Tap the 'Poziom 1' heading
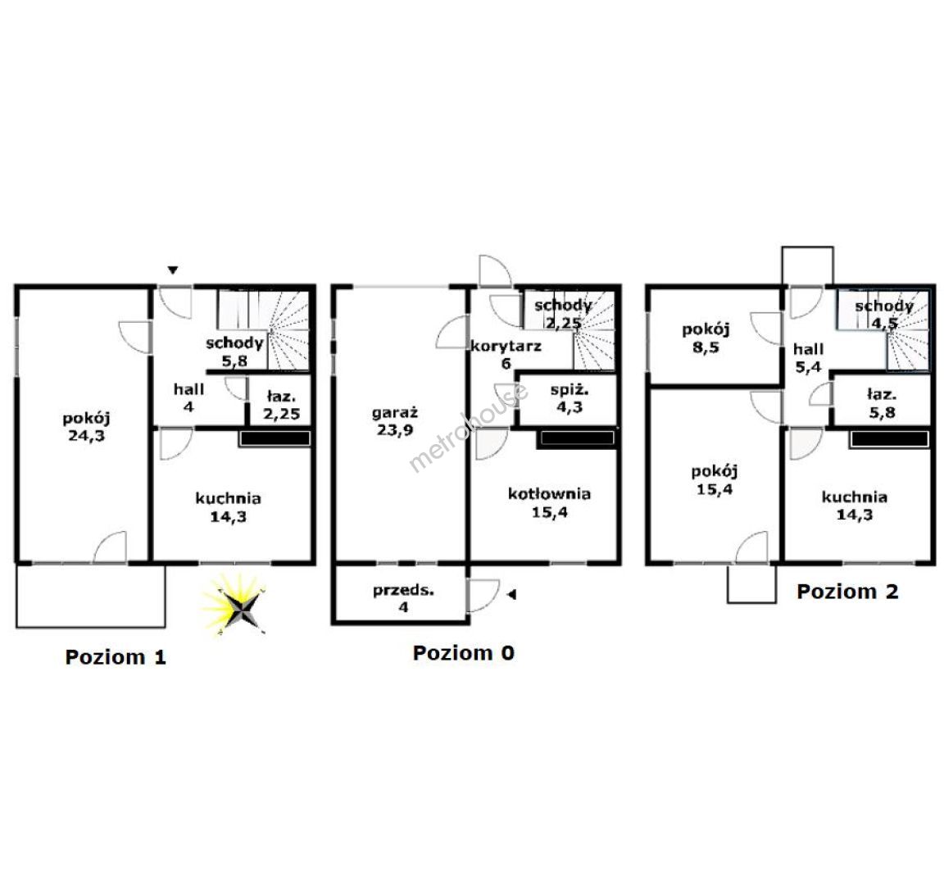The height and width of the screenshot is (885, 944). click(x=116, y=657)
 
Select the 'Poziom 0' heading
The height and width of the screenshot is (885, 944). click(x=464, y=652)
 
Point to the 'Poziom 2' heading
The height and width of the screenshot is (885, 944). click(x=847, y=591)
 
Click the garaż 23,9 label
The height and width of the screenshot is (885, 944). click(x=395, y=421)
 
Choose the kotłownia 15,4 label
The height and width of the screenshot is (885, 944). click(x=549, y=502)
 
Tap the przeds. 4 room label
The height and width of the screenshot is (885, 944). click(x=403, y=598)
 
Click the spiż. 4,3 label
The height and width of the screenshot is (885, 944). click(x=570, y=398)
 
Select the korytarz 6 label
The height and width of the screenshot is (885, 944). click(x=506, y=354)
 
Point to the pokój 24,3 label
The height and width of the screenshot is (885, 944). click(x=87, y=426)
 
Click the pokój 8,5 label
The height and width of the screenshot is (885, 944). click(x=706, y=338)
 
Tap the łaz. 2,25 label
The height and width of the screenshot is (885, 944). click(x=282, y=405)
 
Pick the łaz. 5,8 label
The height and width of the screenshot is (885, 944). click(x=882, y=403)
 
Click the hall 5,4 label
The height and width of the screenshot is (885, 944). click(x=808, y=357)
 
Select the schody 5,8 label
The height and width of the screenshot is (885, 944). click(x=234, y=352)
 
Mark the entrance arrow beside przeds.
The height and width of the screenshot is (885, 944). click(x=511, y=595)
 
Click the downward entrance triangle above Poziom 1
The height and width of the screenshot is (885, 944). click(x=173, y=270)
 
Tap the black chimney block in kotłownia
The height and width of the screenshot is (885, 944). click(x=578, y=438)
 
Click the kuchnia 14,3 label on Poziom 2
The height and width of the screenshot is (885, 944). click(x=855, y=505)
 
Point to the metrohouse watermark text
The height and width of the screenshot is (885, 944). click(x=469, y=426)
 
